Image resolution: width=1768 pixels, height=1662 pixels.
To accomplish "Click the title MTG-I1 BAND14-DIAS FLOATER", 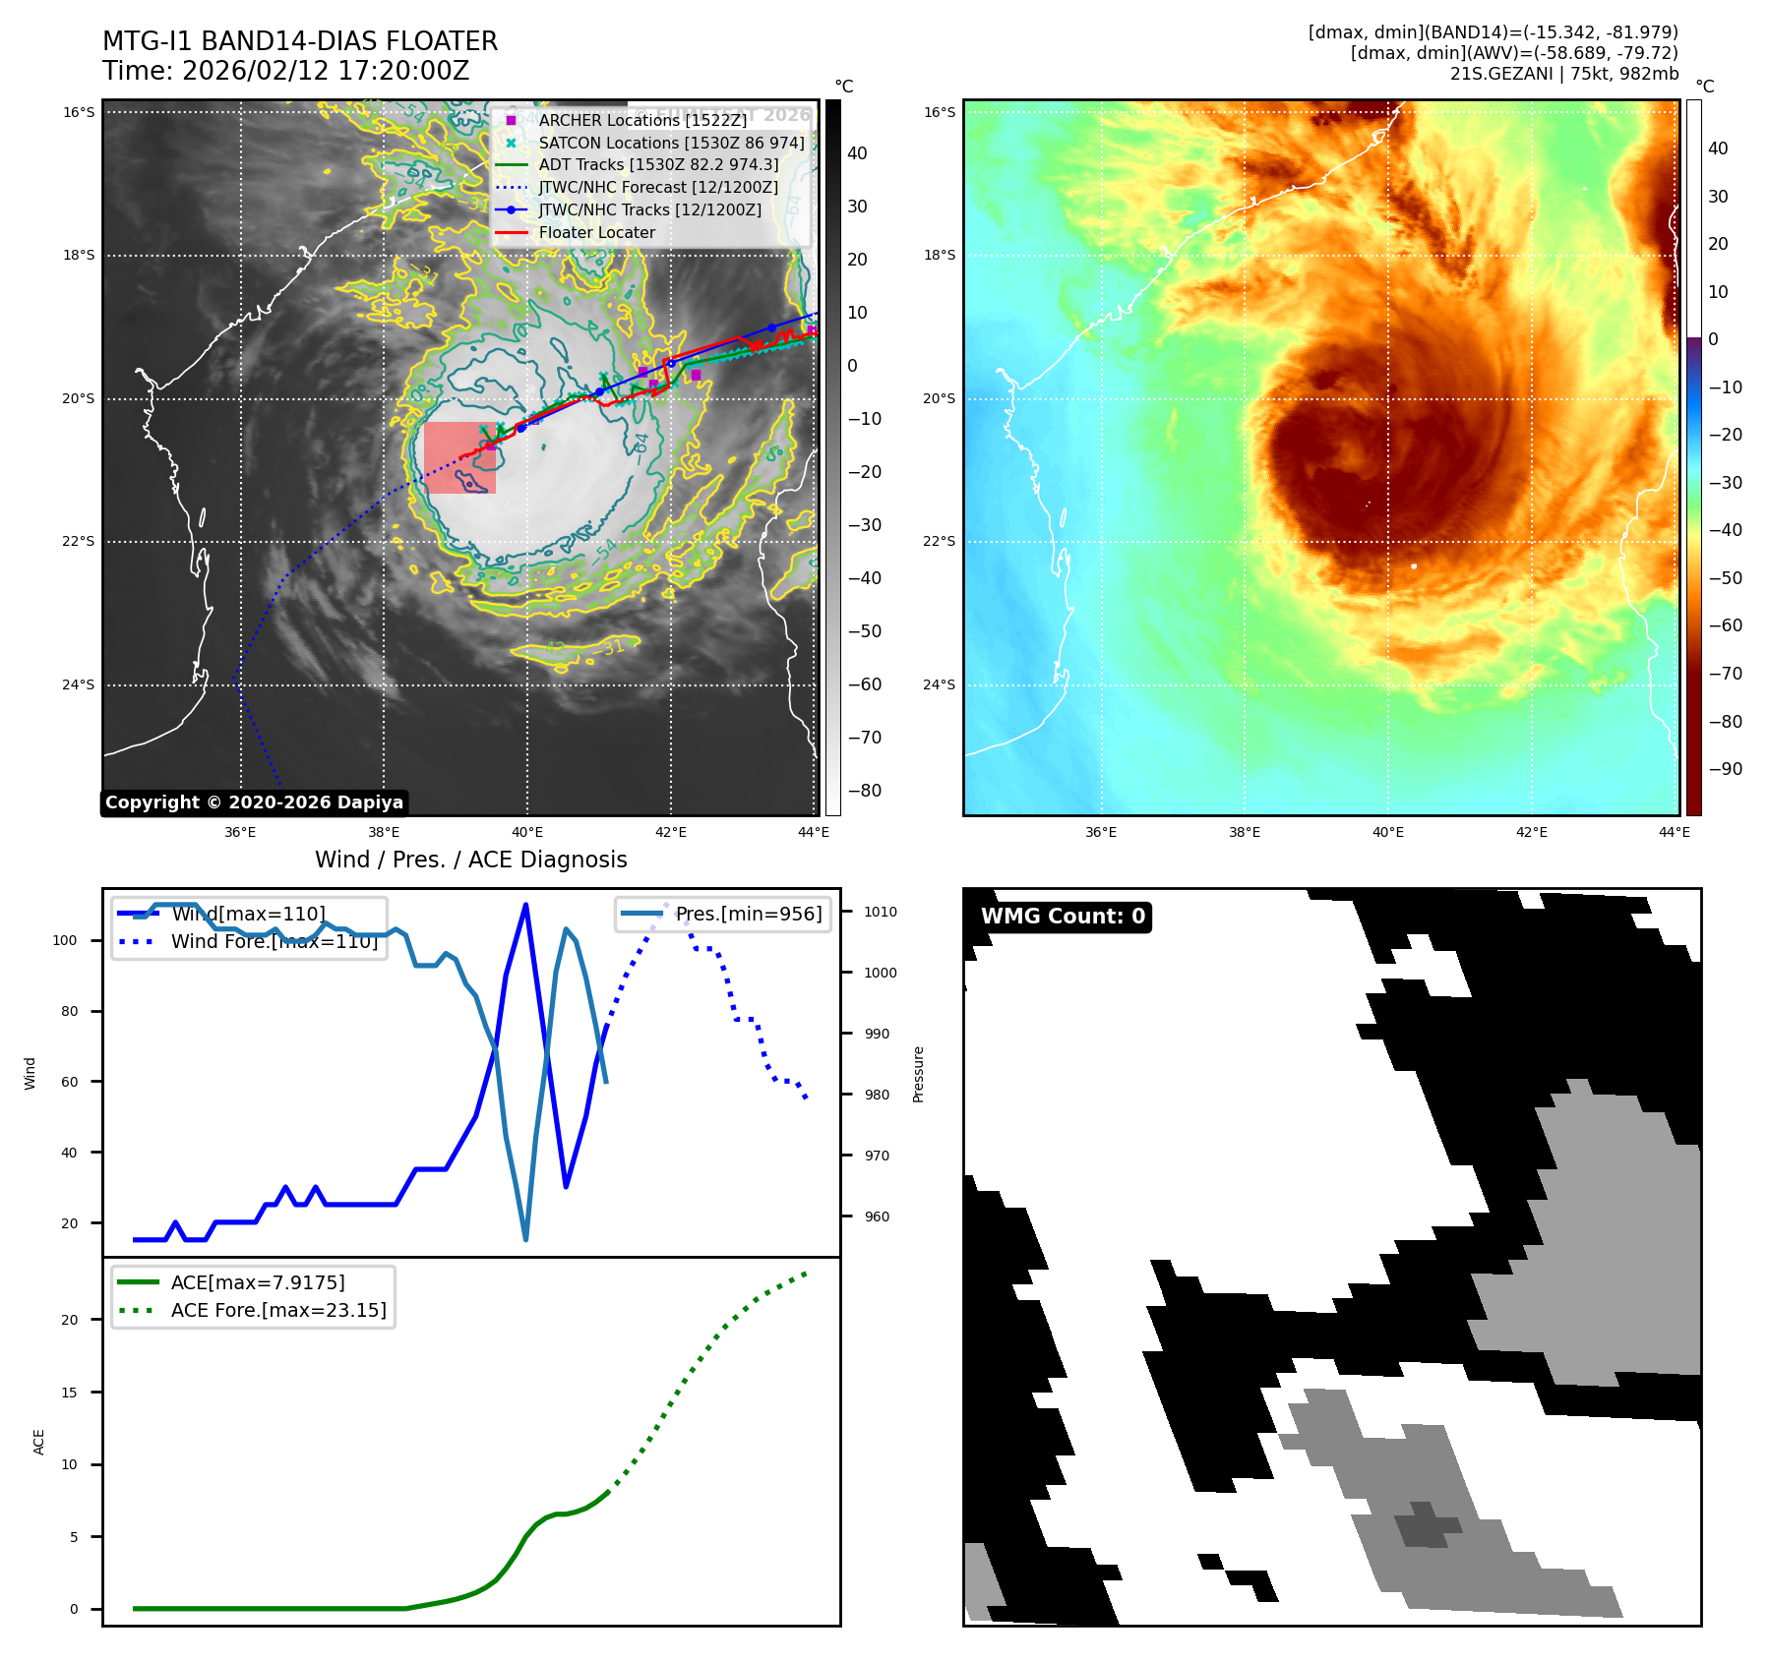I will click(x=300, y=41).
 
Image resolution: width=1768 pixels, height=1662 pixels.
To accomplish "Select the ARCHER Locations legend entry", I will click(x=641, y=120).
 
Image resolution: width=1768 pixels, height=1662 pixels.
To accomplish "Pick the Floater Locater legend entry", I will click(x=596, y=233).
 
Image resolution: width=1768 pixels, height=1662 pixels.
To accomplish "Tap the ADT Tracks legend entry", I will click(x=657, y=165).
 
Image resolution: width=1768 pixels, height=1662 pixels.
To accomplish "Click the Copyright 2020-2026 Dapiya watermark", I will click(x=254, y=802).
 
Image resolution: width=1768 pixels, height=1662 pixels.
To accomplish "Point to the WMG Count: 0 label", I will click(x=1063, y=917).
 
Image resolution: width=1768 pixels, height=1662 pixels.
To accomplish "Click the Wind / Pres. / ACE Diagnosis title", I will click(x=470, y=860).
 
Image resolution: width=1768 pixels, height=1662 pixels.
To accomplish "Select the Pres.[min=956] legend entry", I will click(x=748, y=914).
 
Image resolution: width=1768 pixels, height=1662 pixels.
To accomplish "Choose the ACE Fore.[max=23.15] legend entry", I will click(x=278, y=1310).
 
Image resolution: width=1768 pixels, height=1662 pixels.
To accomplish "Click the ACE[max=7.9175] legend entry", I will click(x=258, y=1282).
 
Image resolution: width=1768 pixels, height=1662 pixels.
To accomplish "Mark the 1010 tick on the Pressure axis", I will click(x=881, y=912).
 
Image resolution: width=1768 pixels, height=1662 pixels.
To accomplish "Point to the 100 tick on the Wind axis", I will click(x=65, y=940).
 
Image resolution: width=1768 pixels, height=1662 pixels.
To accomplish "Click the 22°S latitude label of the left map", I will click(x=79, y=542).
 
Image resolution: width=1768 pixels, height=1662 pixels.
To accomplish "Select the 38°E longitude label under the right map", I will click(x=1244, y=832).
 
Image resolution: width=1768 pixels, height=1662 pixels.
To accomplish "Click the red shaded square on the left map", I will click(x=459, y=457).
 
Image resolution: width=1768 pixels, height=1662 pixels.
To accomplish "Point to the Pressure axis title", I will click(x=918, y=1074).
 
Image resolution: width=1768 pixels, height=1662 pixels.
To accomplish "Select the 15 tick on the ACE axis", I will click(x=69, y=1393).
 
